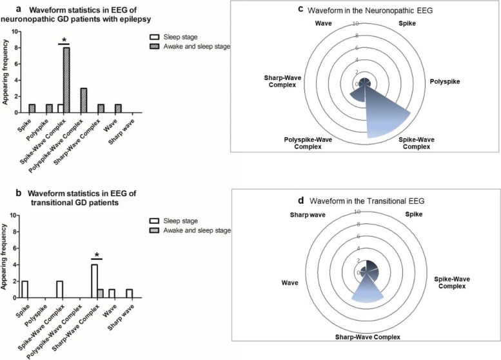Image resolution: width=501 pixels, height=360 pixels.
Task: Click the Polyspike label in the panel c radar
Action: [446, 82]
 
